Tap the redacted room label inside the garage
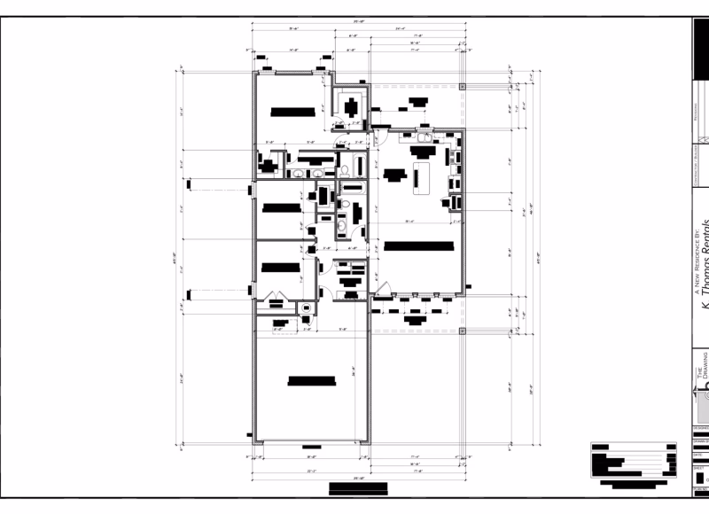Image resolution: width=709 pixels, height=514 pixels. pyautogui.click(x=312, y=382)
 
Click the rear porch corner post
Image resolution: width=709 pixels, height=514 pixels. pyautogui.click(x=463, y=87)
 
